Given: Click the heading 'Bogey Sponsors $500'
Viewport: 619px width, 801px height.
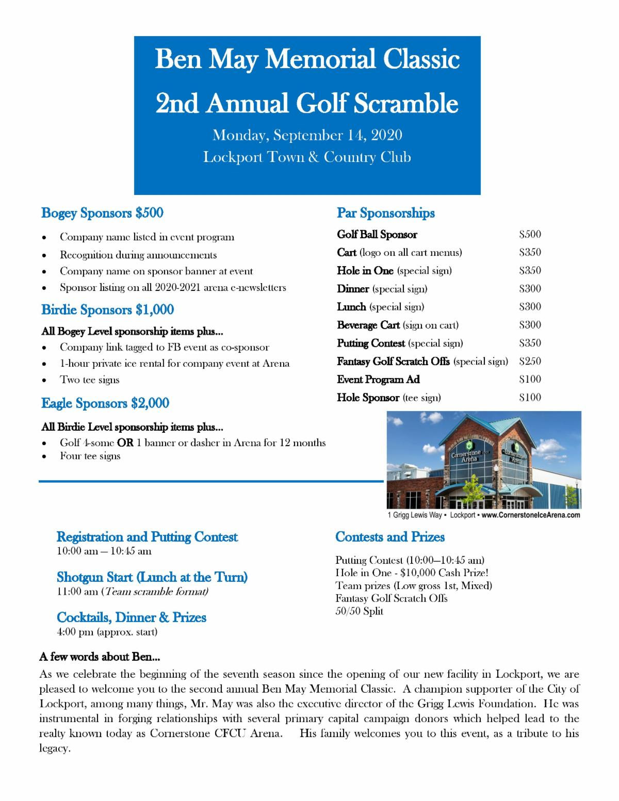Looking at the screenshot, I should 102,213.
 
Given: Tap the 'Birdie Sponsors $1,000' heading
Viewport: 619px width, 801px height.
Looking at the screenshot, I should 107,309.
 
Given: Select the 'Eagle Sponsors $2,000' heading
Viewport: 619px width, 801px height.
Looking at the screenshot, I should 105,403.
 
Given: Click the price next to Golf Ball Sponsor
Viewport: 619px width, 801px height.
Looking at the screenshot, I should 530,235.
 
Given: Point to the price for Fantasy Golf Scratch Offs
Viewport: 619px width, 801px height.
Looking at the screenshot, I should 530,362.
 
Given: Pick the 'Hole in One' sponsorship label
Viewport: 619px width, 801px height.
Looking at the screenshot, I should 365,271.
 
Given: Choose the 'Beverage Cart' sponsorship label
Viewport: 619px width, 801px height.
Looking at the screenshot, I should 368,325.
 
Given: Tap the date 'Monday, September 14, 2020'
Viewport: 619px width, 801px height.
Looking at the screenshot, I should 307,136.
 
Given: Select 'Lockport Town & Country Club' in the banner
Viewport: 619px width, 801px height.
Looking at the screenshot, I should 307,157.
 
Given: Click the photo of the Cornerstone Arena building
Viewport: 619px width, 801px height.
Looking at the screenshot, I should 484,460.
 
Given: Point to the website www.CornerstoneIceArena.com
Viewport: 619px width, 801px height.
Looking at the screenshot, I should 531,515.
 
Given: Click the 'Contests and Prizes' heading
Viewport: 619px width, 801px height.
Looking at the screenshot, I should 390,537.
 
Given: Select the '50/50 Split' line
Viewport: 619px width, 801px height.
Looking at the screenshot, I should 360,612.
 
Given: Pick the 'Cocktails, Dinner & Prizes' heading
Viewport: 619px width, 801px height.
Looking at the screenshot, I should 132,617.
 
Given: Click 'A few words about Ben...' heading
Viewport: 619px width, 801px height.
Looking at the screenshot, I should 100,658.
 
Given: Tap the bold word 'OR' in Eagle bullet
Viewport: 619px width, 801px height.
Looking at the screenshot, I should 125,443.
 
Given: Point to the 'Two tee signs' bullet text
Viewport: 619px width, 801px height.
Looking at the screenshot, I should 90,380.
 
